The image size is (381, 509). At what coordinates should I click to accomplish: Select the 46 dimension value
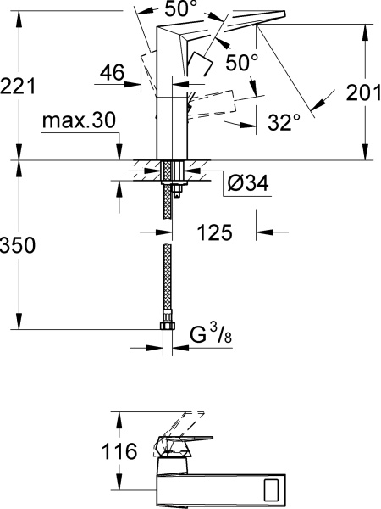[x=113, y=74]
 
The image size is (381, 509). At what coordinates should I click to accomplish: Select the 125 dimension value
[x=216, y=230]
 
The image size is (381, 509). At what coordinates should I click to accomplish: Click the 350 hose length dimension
[x=19, y=246]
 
